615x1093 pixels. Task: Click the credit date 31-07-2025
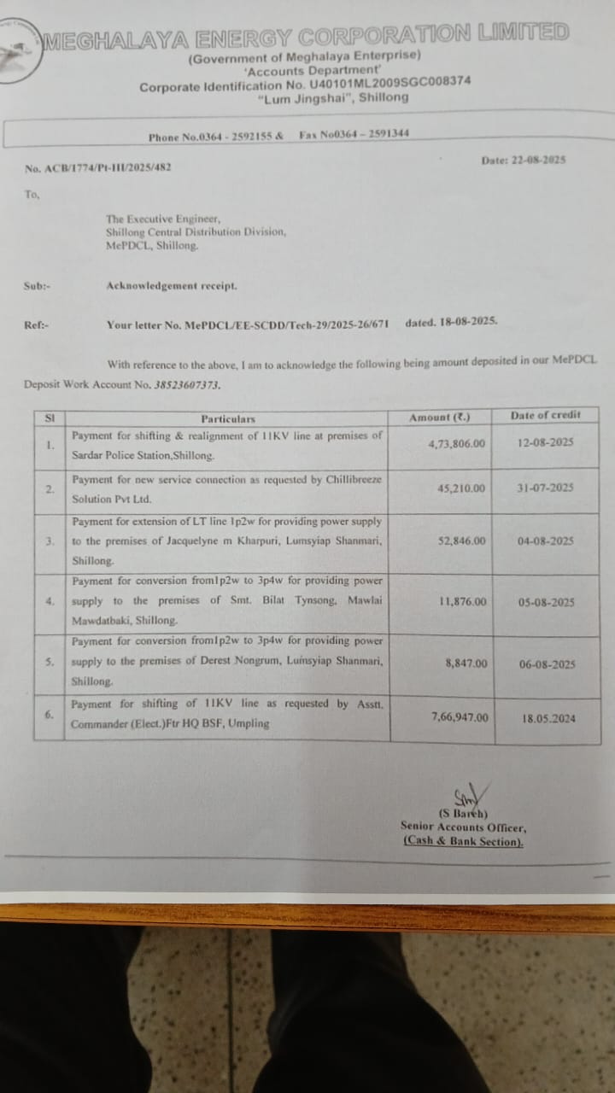(546, 488)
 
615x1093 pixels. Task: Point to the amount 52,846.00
(462, 541)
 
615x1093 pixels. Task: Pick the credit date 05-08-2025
(546, 603)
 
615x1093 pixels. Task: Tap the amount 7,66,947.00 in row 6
(460, 717)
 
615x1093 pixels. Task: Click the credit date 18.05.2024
(548, 719)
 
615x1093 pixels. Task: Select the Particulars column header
(228, 419)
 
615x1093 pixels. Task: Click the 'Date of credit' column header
(545, 415)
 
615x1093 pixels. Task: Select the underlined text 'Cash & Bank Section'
(463, 842)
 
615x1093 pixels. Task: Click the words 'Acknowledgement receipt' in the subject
(172, 286)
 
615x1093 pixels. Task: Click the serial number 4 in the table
(50, 601)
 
